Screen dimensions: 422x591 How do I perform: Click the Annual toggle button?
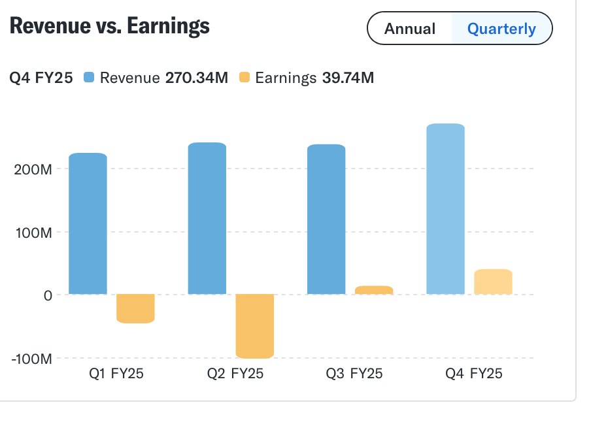pyautogui.click(x=410, y=29)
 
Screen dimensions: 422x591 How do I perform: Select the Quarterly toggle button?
pyautogui.click(x=501, y=29)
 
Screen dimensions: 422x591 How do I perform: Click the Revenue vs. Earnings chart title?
pyautogui.click(x=110, y=25)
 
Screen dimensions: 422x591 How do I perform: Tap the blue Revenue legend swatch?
pyautogui.click(x=90, y=78)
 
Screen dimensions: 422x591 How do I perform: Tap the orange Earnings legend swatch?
pyautogui.click(x=245, y=78)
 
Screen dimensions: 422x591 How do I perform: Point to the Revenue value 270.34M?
pyautogui.click(x=196, y=78)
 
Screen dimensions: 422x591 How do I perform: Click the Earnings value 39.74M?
pyautogui.click(x=348, y=78)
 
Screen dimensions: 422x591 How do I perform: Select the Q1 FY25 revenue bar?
pyautogui.click(x=88, y=223)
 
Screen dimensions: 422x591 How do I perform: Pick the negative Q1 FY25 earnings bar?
pyautogui.click(x=135, y=308)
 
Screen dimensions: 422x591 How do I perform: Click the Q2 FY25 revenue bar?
pyautogui.click(x=207, y=218)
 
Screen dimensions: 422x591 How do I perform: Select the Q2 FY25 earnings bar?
pyautogui.click(x=255, y=326)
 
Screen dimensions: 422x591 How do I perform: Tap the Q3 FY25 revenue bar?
pyautogui.click(x=326, y=219)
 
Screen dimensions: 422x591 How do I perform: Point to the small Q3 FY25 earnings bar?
pyautogui.click(x=374, y=290)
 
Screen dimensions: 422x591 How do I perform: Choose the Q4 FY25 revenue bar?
pyautogui.click(x=445, y=209)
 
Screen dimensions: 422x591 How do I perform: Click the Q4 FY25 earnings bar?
pyautogui.click(x=493, y=282)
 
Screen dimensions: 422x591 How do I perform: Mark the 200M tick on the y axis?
pyautogui.click(x=33, y=169)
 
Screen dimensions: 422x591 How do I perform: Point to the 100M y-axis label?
pyautogui.click(x=33, y=233)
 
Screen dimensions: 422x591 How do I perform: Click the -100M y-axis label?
pyautogui.click(x=30, y=359)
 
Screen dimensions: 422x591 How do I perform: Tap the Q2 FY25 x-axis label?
pyautogui.click(x=235, y=374)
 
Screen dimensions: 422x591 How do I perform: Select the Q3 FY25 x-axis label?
pyautogui.click(x=354, y=374)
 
